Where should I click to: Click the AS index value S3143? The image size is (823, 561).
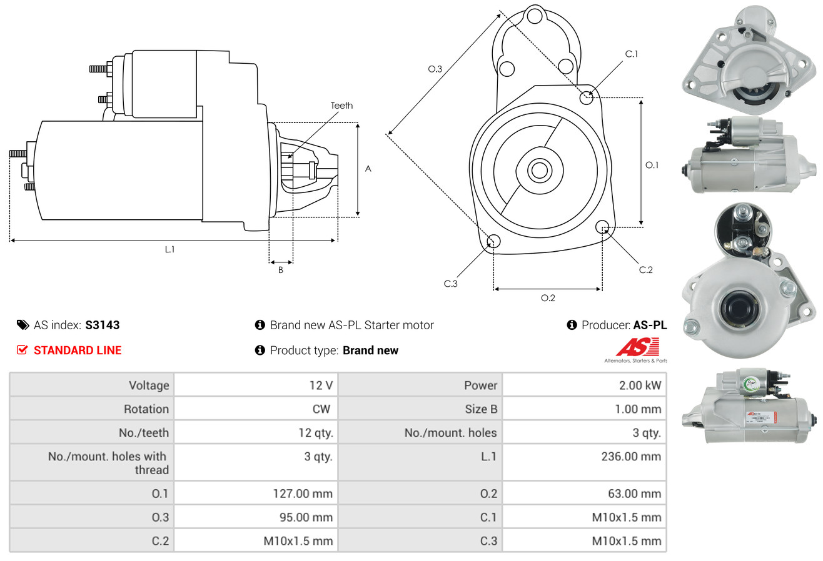(x=102, y=325)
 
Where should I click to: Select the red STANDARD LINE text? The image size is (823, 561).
(x=78, y=350)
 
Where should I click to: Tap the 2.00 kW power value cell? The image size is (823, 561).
(x=640, y=385)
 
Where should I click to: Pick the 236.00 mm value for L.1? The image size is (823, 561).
(x=631, y=457)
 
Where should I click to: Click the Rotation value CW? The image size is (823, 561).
(x=321, y=409)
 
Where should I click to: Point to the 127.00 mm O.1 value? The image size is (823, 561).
(x=303, y=494)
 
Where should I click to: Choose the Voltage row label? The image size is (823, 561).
(x=149, y=385)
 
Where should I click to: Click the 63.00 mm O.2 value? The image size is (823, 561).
(x=635, y=494)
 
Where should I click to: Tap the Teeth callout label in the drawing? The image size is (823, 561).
(x=341, y=106)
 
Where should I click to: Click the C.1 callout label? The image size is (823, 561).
(x=632, y=54)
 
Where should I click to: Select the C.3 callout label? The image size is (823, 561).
(x=450, y=284)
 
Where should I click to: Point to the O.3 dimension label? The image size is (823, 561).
(x=435, y=69)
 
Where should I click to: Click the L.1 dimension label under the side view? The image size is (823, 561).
(x=169, y=249)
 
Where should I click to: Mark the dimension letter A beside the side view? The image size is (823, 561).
(x=368, y=169)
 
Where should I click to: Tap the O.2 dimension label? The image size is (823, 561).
(x=548, y=298)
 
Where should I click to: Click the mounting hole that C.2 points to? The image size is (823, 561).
(x=602, y=227)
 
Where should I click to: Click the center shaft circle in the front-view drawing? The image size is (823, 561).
(x=539, y=171)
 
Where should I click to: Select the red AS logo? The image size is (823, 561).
(x=637, y=347)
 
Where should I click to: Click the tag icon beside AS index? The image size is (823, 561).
(x=23, y=325)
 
